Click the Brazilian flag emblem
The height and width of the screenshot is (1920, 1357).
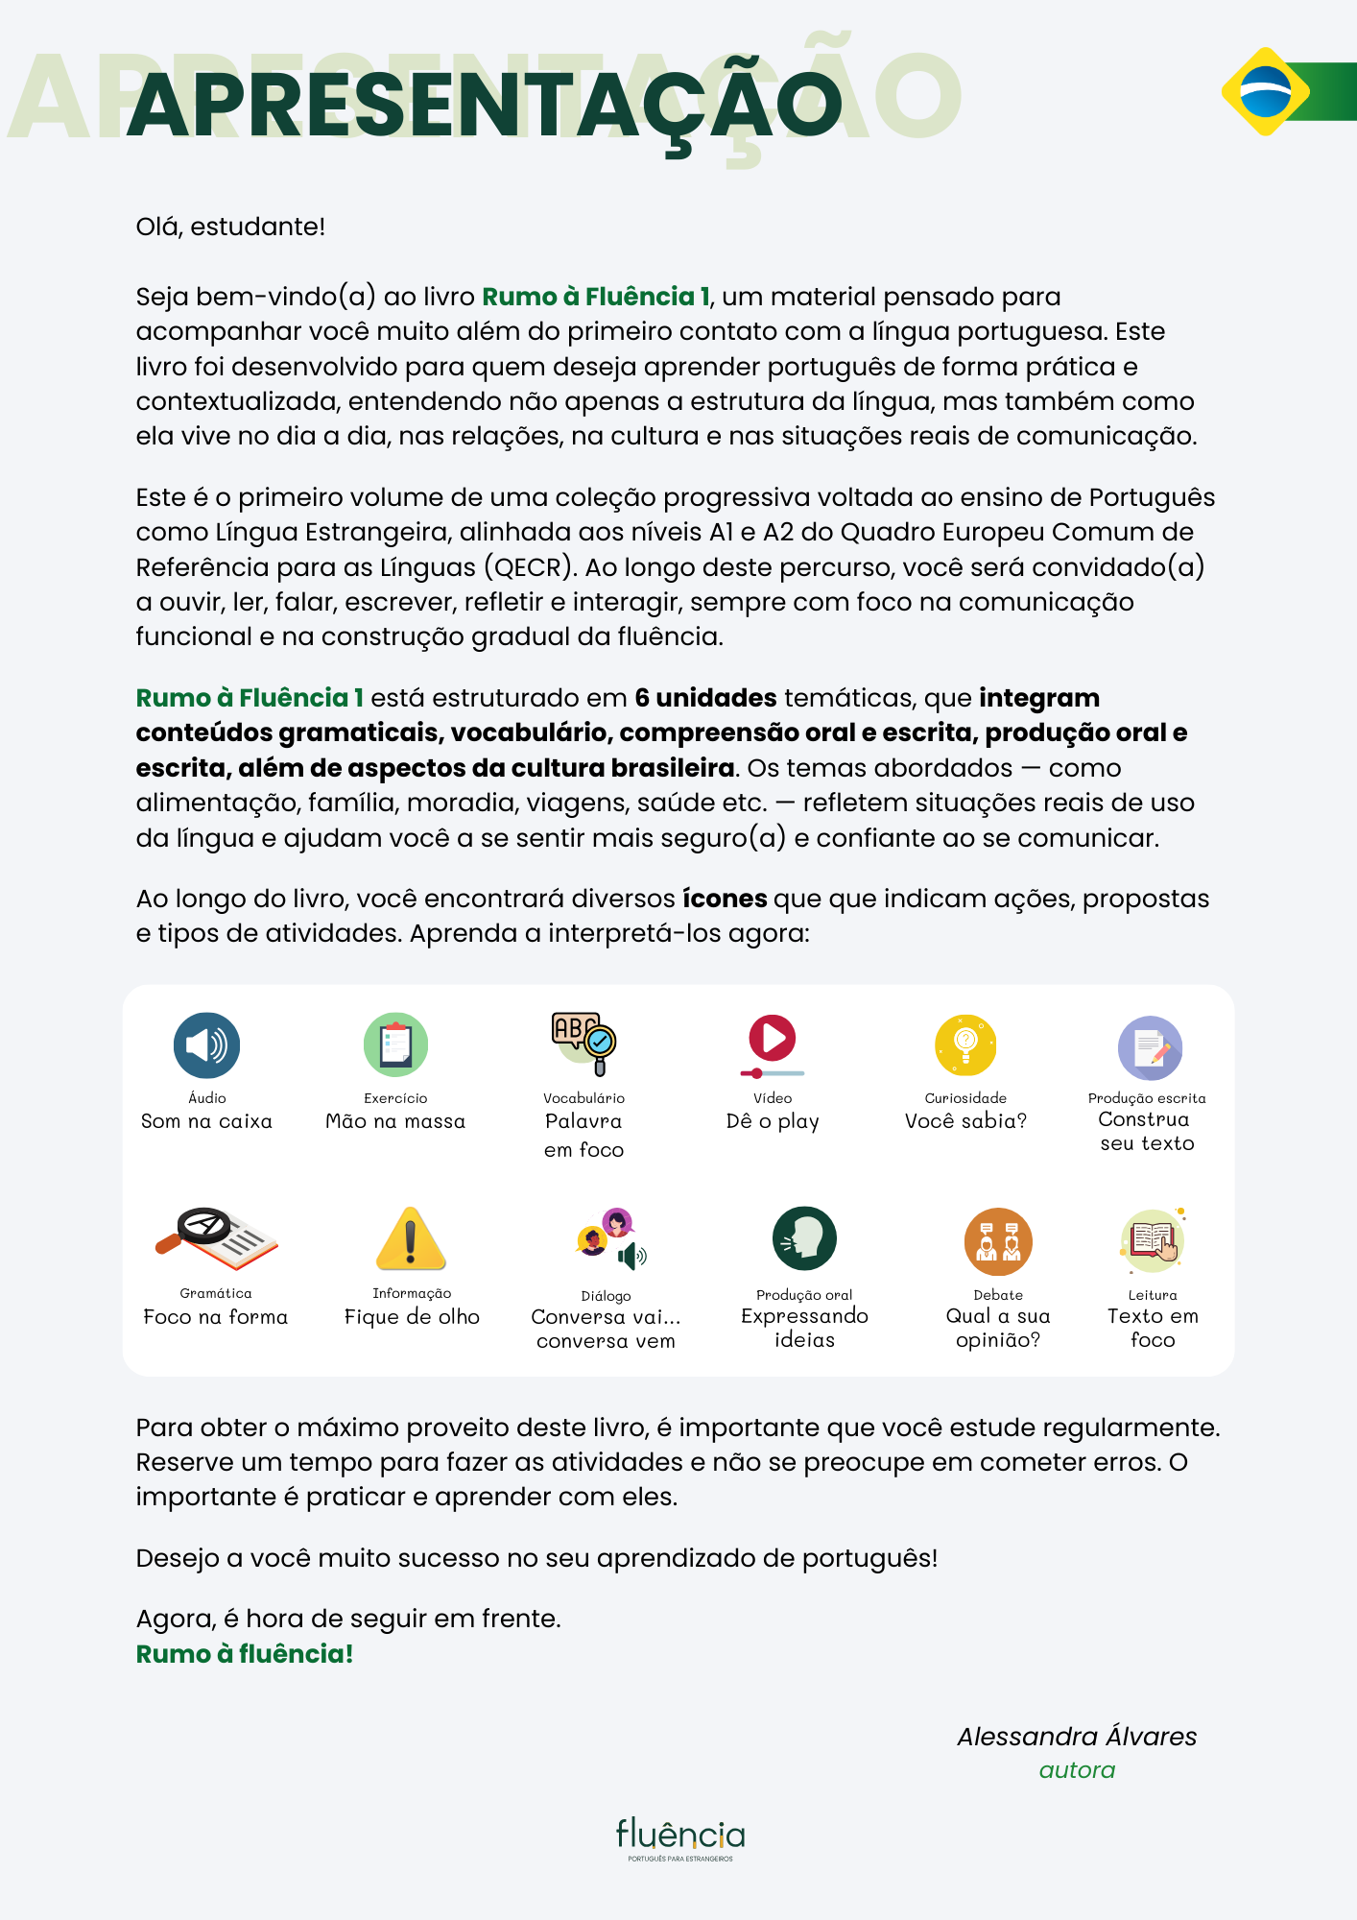[x=1266, y=91]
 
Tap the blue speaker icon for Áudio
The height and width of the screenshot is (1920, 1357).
[x=206, y=1045]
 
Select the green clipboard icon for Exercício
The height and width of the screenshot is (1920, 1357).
[x=395, y=1045]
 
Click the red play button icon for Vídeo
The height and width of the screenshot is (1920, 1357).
[x=773, y=1040]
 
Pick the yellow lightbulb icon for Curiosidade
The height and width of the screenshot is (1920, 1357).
[x=965, y=1045]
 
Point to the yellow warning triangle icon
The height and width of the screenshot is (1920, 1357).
[x=411, y=1239]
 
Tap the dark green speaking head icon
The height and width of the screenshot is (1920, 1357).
[x=804, y=1238]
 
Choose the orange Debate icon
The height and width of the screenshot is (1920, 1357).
[x=998, y=1242]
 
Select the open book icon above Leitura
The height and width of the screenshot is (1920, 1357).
[x=1153, y=1240]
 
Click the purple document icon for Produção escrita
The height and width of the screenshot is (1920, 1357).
[x=1150, y=1048]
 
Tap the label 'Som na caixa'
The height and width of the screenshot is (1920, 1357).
[x=206, y=1121]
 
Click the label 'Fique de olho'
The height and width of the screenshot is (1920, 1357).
[x=412, y=1317]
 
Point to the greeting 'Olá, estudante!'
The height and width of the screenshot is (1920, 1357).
[x=230, y=227]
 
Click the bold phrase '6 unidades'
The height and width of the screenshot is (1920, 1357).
[x=705, y=698]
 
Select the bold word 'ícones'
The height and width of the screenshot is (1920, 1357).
[x=725, y=899]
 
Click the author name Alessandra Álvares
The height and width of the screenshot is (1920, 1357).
[x=1077, y=1737]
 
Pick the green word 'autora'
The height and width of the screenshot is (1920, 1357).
[x=1077, y=1770]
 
